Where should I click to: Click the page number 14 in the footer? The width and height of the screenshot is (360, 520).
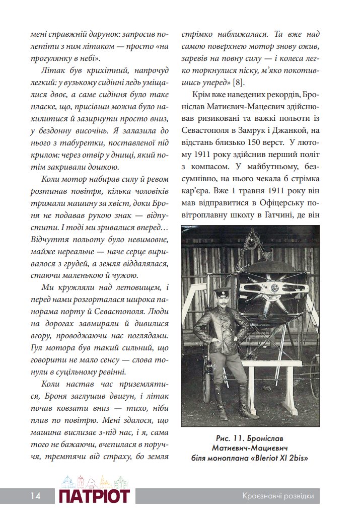(35, 496)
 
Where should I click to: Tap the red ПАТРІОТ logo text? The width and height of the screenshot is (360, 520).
(94, 496)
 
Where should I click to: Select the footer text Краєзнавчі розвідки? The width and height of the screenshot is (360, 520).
(277, 496)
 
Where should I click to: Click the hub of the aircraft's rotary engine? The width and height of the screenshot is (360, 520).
(275, 288)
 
